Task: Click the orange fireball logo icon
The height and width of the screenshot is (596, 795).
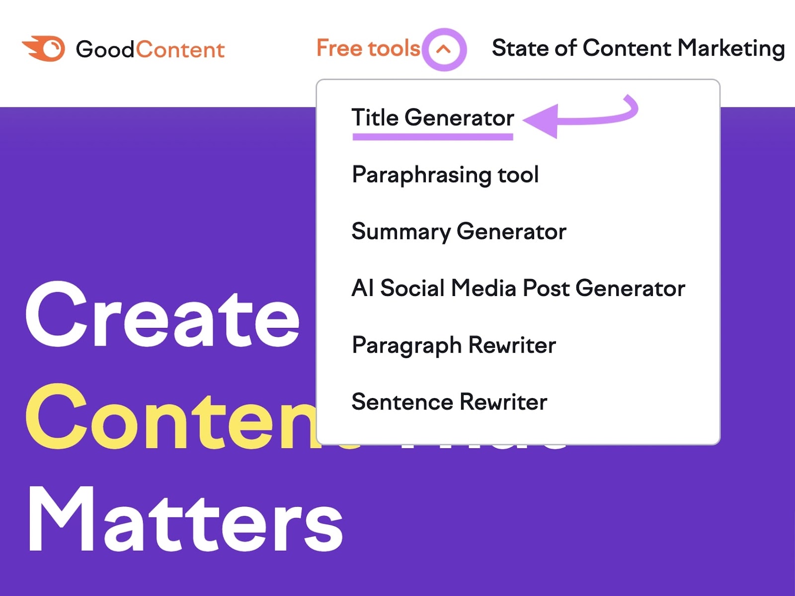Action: pyautogui.click(x=44, y=49)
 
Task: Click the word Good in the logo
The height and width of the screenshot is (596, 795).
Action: pyautogui.click(x=105, y=50)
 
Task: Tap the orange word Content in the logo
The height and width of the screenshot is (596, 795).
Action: pyautogui.click(x=180, y=50)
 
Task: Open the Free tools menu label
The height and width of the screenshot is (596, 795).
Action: pyautogui.click(x=368, y=48)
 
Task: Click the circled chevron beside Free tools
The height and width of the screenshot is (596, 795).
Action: pyautogui.click(x=444, y=49)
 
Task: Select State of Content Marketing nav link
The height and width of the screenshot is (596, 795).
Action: pyautogui.click(x=638, y=48)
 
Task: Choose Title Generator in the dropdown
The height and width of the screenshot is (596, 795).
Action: pyautogui.click(x=432, y=118)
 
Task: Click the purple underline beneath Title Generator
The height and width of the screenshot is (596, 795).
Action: pyautogui.click(x=432, y=137)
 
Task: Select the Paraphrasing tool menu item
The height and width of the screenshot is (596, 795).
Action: pyautogui.click(x=445, y=175)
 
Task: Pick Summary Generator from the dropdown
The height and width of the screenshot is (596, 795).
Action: pyautogui.click(x=459, y=232)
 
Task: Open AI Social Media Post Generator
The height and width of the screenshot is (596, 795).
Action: pyautogui.click(x=518, y=289)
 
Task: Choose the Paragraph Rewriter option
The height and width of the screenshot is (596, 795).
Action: pyautogui.click(x=454, y=345)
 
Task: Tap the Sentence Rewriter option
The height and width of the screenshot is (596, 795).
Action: pyautogui.click(x=449, y=402)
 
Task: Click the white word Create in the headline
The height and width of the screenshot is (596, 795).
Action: pyautogui.click(x=163, y=316)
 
